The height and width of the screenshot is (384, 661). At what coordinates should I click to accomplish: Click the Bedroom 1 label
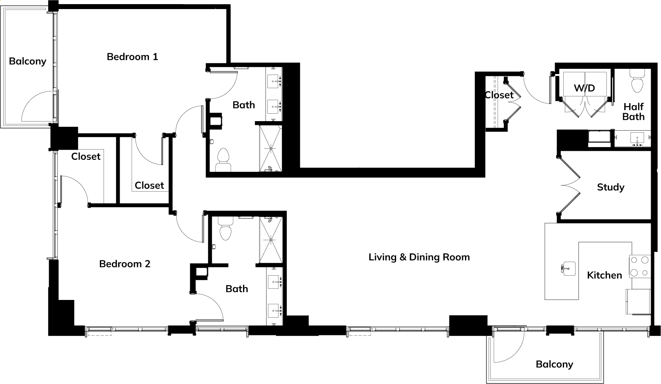132,56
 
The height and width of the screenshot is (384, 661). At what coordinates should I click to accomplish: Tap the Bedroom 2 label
125,264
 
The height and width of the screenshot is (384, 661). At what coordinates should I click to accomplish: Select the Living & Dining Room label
419,257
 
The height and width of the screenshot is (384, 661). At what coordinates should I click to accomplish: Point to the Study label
611,187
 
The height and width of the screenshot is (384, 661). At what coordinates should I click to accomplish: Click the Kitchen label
604,275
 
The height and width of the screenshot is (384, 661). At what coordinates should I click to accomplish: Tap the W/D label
584,88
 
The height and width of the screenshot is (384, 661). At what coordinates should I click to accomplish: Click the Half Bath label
633,111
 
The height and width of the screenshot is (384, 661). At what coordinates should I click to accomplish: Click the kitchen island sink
568,269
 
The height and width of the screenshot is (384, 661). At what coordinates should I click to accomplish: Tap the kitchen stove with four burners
640,267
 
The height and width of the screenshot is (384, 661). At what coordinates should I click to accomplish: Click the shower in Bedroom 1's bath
270,148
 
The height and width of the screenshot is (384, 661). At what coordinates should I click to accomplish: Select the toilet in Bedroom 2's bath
226,229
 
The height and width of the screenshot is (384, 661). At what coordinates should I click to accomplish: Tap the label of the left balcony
28,61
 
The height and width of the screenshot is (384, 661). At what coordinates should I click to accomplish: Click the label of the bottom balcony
555,364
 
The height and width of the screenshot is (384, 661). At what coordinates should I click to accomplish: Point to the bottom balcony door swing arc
515,353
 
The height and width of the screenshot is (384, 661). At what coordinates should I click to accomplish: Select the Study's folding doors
569,185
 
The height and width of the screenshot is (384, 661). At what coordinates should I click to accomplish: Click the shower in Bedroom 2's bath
271,240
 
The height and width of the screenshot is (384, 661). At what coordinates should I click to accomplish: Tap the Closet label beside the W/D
499,95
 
